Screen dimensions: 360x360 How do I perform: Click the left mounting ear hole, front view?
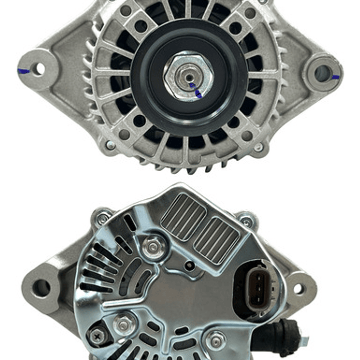39,69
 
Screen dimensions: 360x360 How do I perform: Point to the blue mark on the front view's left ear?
23,71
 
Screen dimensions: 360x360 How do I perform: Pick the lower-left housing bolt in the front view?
110,145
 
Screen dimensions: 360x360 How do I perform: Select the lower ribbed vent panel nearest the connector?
217,240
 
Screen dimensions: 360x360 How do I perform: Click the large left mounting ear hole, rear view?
41,287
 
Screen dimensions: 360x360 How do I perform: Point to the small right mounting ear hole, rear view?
298,289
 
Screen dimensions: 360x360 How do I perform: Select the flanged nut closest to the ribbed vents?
152,247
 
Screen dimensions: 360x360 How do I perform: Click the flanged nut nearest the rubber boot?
216,340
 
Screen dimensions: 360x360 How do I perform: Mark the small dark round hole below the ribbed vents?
189,265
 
